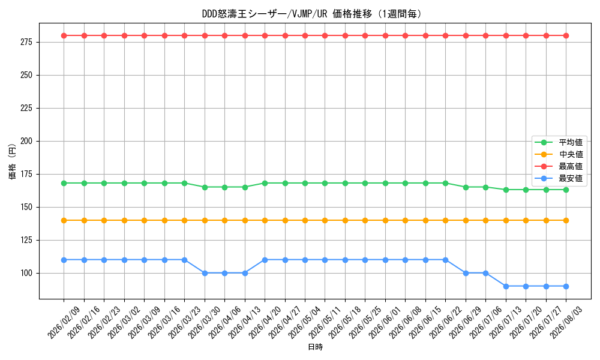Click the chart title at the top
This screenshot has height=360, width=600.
[x=311, y=14]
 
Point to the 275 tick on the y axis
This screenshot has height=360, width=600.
[x=26, y=42]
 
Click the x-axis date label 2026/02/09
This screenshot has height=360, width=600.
[x=64, y=323]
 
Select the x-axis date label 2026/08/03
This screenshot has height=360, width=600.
[x=566, y=323]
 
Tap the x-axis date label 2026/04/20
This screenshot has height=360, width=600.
[x=265, y=323]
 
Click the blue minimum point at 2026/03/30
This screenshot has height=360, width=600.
[x=205, y=273]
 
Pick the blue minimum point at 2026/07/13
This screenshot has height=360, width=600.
[x=506, y=286]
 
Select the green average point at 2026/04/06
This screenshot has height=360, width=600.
[x=224, y=187]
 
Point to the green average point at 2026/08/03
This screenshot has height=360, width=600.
[x=566, y=190]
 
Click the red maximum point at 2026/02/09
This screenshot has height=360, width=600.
[x=64, y=35]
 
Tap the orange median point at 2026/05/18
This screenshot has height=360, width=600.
[x=345, y=220]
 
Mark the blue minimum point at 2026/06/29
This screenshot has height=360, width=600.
[x=466, y=273]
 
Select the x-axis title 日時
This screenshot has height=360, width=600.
[x=316, y=347]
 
